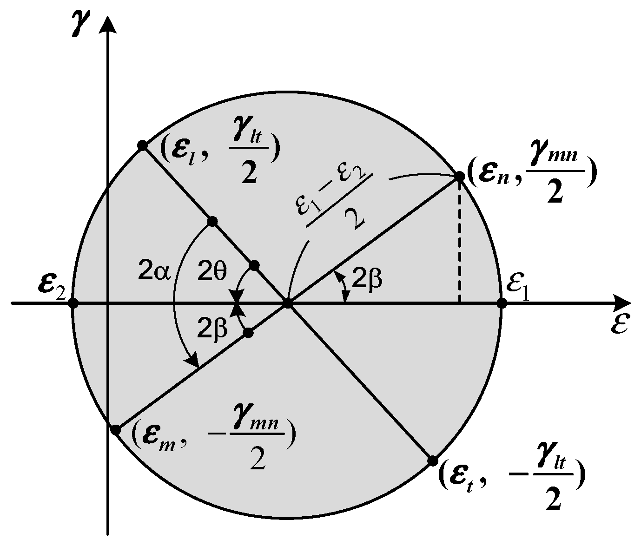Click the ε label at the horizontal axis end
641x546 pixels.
pos(620,325)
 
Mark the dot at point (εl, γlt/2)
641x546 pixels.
pos(143,146)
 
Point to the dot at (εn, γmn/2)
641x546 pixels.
pos(459,176)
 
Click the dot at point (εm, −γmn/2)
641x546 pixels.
pos(116,430)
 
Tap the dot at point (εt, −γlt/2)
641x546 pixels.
pos(432,460)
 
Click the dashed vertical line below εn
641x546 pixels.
pos(459,242)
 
